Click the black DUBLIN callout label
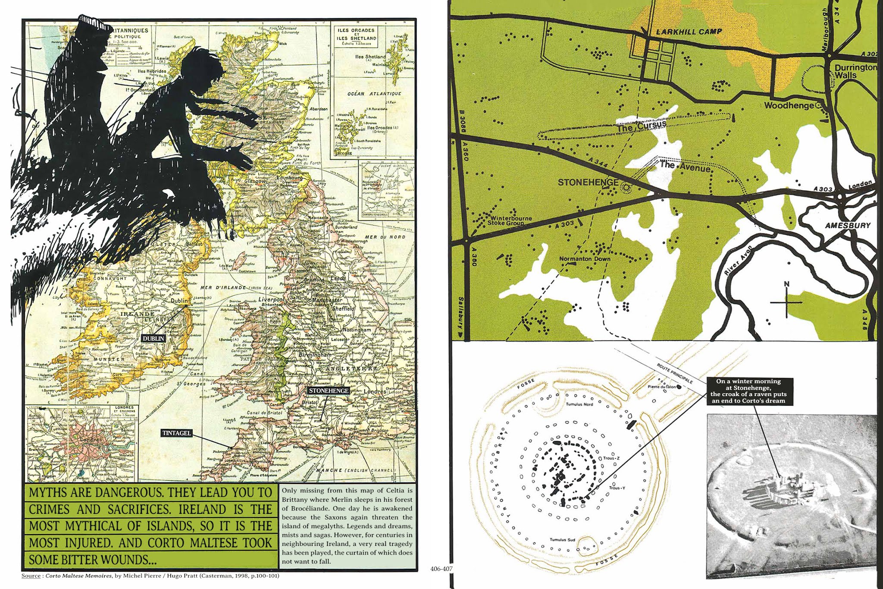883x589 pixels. [154, 339]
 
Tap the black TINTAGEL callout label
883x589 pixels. [176, 433]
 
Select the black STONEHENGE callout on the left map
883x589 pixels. [329, 391]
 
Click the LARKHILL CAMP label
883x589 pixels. [689, 32]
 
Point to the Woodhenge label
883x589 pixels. [789, 105]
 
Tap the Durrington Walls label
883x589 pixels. [855, 71]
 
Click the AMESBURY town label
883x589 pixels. [848, 225]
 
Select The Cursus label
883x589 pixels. [642, 126]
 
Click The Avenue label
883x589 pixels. [685, 167]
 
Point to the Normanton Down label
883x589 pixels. [585, 259]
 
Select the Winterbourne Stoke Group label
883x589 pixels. [509, 220]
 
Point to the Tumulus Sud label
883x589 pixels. [562, 540]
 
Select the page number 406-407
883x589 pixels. [441, 569]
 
